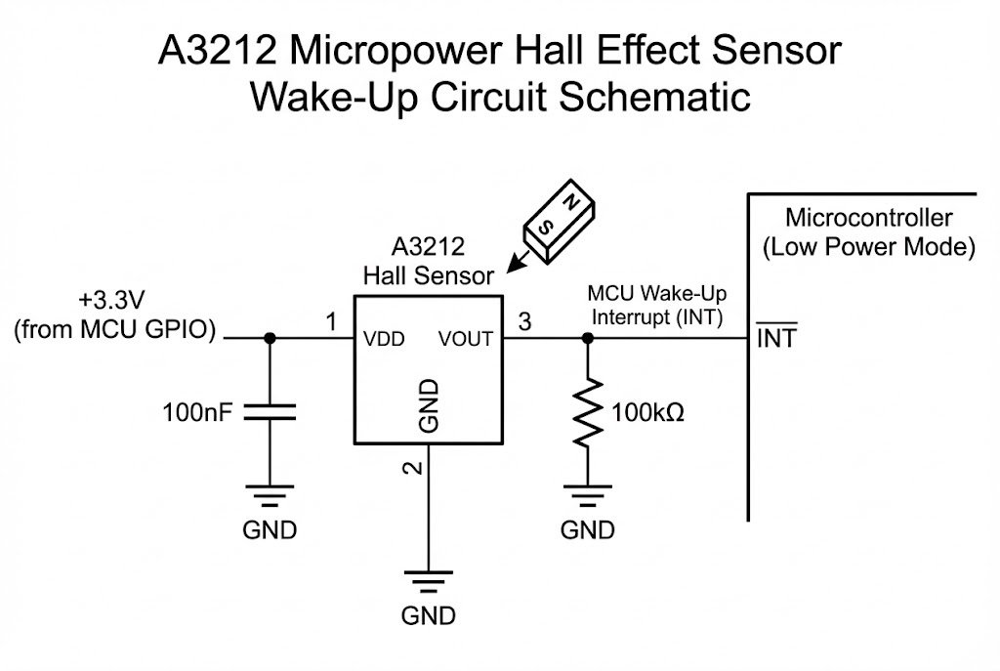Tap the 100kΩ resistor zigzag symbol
pyautogui.click(x=586, y=411)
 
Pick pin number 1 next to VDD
pyautogui.click(x=331, y=321)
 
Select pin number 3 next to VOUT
pyautogui.click(x=524, y=321)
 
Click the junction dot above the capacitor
pyautogui.click(x=271, y=338)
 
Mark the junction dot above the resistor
pyautogui.click(x=586, y=338)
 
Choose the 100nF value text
pyautogui.click(x=198, y=412)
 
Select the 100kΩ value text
pyautogui.click(x=647, y=412)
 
